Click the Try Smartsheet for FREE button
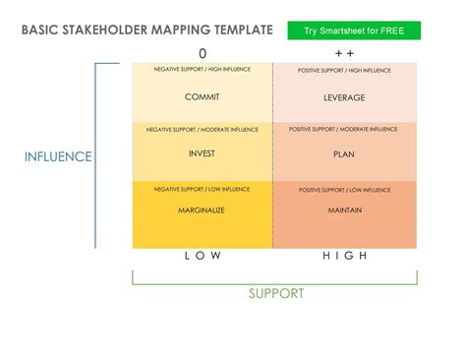click(354, 30)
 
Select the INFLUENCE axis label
click(58, 156)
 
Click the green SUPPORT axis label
click(275, 293)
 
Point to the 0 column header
click(203, 53)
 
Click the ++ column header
click(344, 53)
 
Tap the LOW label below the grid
click(203, 256)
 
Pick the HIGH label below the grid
click(344, 256)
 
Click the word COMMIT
click(202, 97)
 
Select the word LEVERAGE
click(344, 98)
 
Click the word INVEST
click(202, 154)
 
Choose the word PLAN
click(344, 154)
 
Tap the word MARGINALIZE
click(203, 210)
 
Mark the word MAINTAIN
click(344, 210)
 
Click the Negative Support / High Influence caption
click(203, 70)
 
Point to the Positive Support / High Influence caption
click(344, 71)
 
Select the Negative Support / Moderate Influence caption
click(203, 130)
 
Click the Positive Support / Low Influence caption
click(344, 189)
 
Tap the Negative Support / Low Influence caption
click(203, 188)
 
